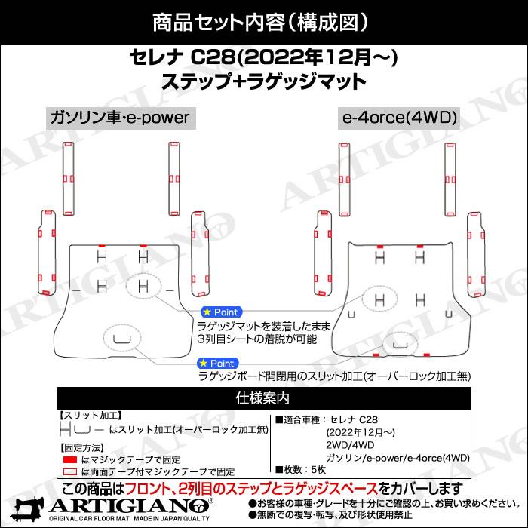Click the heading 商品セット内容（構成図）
point(260,23)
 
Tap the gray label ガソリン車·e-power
point(121,118)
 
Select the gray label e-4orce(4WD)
point(399,118)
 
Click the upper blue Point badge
point(222,312)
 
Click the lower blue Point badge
point(218,364)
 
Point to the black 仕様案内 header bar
point(264,398)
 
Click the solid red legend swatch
point(70,459)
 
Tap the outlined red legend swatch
point(70,471)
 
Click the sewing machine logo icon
point(27,509)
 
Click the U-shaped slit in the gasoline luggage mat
point(122,339)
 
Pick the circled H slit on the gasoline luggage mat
point(143,286)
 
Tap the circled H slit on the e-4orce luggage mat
point(380,299)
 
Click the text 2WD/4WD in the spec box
point(350,445)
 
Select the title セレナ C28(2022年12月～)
point(264,57)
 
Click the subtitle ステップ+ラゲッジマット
point(264,82)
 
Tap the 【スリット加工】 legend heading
point(91,416)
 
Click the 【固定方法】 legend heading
point(81,448)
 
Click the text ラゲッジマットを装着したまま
point(264,327)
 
